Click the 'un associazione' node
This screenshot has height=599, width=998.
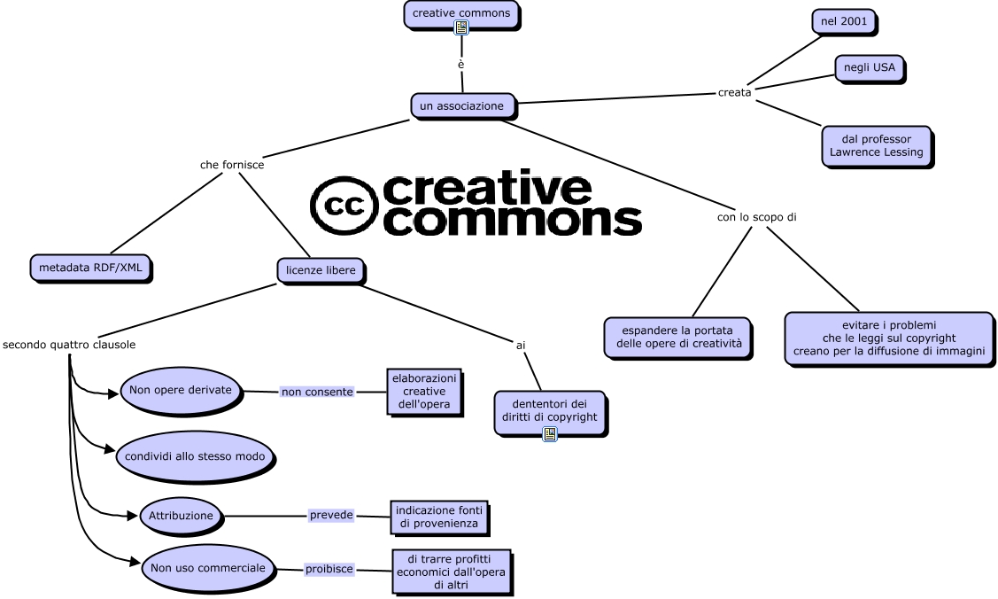tap(461, 105)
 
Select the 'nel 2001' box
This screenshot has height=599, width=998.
tap(843, 20)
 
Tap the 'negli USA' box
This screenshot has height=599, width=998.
tap(869, 67)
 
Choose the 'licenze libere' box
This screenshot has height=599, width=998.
tap(320, 269)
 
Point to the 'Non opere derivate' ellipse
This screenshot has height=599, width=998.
tap(181, 390)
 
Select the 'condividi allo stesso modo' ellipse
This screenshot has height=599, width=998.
tap(196, 456)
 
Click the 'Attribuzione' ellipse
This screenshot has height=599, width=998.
tap(181, 515)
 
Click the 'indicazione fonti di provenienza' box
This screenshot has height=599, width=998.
tap(438, 517)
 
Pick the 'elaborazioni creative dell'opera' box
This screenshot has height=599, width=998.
tap(423, 391)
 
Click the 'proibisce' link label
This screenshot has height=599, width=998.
tap(329, 569)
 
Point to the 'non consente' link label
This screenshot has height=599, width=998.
tap(317, 391)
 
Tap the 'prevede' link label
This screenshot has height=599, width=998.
tap(331, 515)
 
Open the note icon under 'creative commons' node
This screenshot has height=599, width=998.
tap(460, 27)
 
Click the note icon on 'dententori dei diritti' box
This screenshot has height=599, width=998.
tap(549, 433)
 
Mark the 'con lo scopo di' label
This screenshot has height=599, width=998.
tap(750, 216)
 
